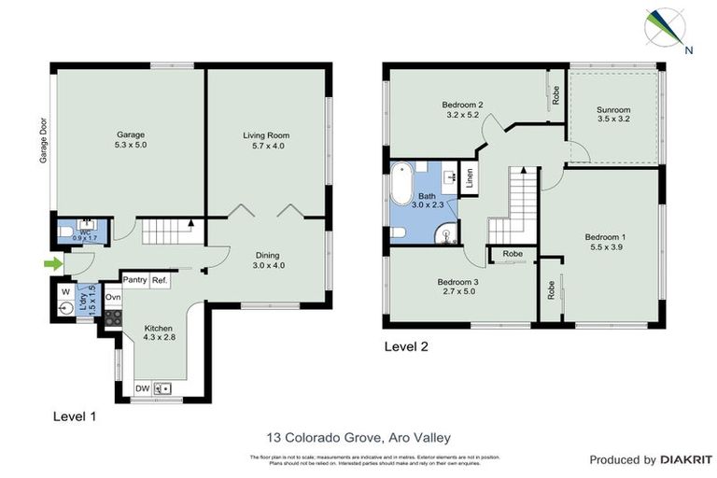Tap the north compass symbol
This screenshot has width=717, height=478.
(666, 28)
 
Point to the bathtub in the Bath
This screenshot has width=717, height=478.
(402, 185)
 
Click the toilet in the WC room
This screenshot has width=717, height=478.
(66, 232)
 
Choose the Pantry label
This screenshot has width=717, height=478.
(135, 279)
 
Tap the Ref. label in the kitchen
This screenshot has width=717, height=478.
(160, 279)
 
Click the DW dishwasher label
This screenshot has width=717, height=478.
(143, 387)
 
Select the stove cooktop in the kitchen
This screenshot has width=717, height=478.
(113, 317)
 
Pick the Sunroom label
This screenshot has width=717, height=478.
(613, 110)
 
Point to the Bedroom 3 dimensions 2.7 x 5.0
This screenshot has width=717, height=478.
(457, 291)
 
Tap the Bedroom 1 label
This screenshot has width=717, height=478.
(604, 236)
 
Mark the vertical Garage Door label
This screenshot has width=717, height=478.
(43, 140)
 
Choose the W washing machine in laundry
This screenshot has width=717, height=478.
(64, 291)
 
